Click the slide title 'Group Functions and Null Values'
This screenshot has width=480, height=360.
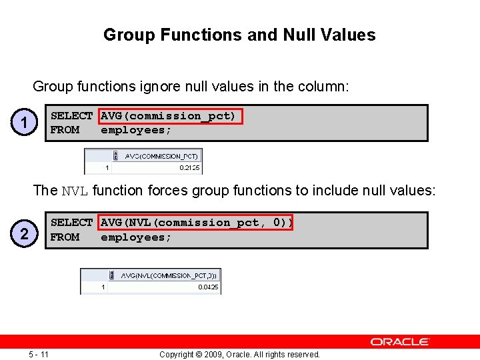[x=239, y=35]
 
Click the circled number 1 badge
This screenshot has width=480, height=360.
[x=25, y=123]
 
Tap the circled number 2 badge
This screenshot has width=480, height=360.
[x=25, y=233]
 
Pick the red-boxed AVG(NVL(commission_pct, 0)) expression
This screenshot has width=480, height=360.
[x=196, y=223]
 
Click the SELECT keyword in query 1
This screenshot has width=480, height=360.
[x=71, y=116]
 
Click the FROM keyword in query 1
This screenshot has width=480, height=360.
[x=65, y=130]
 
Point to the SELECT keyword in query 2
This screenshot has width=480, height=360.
[x=71, y=223]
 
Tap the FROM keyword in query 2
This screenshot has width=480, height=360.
[x=65, y=237]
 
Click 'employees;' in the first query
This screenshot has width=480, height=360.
[x=136, y=130]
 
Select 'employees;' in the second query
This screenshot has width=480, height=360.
[x=136, y=237]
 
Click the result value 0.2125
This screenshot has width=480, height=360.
[x=189, y=168]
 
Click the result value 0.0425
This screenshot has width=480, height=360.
[x=207, y=287]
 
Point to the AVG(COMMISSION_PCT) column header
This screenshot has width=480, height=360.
[x=161, y=156]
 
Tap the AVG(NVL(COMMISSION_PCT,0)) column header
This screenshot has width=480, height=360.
[x=169, y=275]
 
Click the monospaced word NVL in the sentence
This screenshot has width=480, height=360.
[x=75, y=191]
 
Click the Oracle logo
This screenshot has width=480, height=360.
[x=400, y=341]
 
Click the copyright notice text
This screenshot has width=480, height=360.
[x=239, y=354]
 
